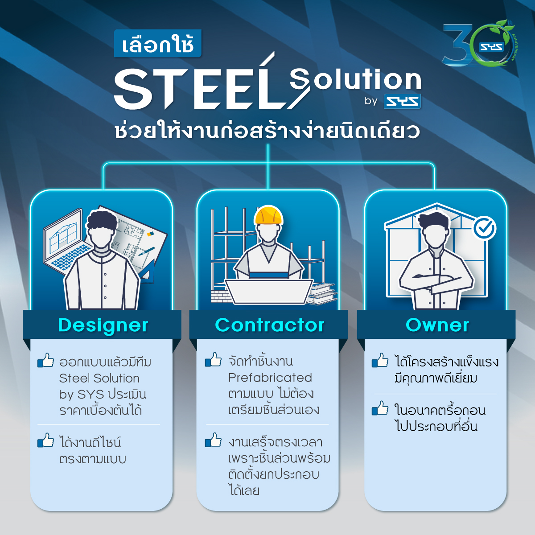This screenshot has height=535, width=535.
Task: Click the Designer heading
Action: tap(103, 325)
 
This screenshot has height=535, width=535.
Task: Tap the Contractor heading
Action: tap(270, 325)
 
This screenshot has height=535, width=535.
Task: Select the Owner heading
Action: tap(437, 325)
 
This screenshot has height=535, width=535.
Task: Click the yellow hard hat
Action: tap(268, 215)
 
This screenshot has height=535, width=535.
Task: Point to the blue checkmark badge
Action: tap(485, 228)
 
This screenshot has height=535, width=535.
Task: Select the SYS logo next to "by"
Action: tap(402, 101)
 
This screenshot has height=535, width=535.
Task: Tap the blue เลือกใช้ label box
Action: tap(158, 44)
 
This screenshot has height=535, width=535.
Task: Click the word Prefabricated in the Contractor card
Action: tap(270, 378)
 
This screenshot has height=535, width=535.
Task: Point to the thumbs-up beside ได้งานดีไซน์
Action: tap(46, 440)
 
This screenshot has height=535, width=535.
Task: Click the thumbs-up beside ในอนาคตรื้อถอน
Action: tap(380, 408)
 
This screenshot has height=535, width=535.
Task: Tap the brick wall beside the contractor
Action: tap(221, 295)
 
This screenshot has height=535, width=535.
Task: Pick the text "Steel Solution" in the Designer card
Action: tap(99, 378)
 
